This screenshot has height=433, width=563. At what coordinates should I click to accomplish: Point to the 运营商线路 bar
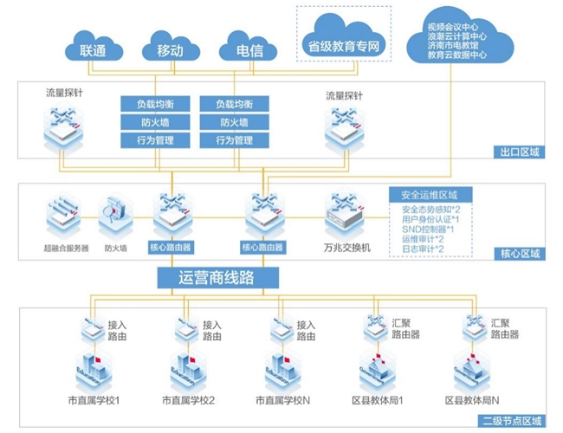(x=217, y=278)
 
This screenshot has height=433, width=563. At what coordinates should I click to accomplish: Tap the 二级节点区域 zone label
(x=514, y=420)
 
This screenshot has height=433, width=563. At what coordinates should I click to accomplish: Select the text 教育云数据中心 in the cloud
(x=456, y=55)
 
